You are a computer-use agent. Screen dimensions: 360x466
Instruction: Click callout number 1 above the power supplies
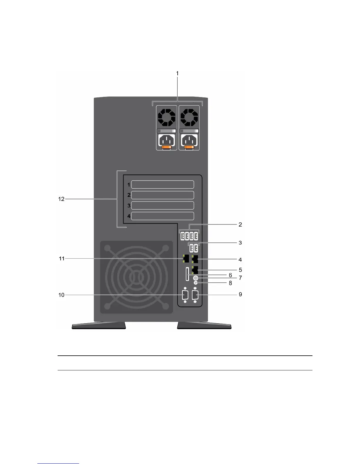[177, 73]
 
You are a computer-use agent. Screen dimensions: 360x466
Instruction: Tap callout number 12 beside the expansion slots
[61, 199]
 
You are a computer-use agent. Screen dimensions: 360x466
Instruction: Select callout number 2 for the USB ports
[240, 224]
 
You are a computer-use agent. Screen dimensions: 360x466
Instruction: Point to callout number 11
[61, 259]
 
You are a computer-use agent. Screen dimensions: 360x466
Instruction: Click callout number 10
[61, 295]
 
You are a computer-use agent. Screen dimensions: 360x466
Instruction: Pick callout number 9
[240, 294]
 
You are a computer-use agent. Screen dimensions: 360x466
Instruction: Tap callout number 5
[240, 270]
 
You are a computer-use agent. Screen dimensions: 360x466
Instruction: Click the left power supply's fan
[166, 117]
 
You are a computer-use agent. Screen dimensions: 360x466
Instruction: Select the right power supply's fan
[189, 117]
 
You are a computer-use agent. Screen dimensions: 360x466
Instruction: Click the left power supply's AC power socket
[166, 140]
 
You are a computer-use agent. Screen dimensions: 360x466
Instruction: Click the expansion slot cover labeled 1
[162, 184]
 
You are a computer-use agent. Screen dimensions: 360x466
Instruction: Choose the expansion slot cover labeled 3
[162, 205]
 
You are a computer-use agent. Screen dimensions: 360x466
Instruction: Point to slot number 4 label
[129, 216]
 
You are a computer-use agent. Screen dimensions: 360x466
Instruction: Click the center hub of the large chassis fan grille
[136, 277]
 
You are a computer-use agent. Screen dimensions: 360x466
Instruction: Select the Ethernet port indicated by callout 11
[186, 259]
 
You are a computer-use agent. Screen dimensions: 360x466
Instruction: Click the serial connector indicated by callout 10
[185, 295]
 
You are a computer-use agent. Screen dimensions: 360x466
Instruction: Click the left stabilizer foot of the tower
[99, 325]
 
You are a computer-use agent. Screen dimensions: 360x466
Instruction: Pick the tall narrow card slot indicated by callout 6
[187, 274]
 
